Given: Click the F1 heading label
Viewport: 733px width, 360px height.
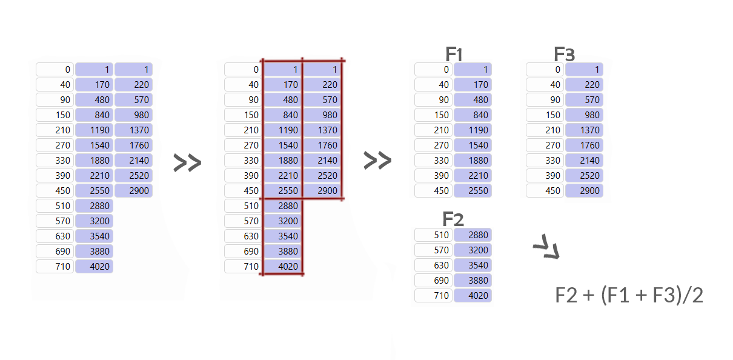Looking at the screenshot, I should pyautogui.click(x=454, y=54).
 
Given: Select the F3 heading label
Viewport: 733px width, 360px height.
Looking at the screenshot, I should pyautogui.click(x=564, y=54).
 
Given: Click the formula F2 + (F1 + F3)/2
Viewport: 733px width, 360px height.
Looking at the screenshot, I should pyautogui.click(x=629, y=295).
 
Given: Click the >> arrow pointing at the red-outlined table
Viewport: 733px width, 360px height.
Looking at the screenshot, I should pyautogui.click(x=187, y=162).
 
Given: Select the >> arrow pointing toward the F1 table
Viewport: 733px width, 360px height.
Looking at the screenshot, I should pyautogui.click(x=377, y=161).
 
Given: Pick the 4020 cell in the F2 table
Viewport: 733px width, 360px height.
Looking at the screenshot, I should pyautogui.click(x=473, y=296).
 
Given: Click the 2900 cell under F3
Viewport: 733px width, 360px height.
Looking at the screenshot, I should pyautogui.click(x=584, y=191).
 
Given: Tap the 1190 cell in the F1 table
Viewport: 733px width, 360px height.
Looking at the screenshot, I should pyautogui.click(x=473, y=130).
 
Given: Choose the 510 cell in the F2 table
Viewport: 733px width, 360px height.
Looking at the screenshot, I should pyautogui.click(x=434, y=235).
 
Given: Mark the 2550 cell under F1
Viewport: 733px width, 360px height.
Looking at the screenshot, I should pyautogui.click(x=473, y=191).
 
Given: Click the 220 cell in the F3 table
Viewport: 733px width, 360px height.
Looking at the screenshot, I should pyautogui.click(x=584, y=85).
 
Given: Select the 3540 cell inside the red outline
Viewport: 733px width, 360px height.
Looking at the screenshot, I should pyautogui.click(x=282, y=236).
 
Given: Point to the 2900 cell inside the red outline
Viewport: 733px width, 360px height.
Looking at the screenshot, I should pyautogui.click(x=322, y=191).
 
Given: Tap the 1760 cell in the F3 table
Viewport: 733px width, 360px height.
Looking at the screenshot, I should pyautogui.click(x=584, y=145).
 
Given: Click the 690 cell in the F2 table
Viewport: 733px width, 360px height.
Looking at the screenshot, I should pyautogui.click(x=434, y=281).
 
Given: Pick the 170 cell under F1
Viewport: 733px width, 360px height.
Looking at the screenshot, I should pyautogui.click(x=473, y=85).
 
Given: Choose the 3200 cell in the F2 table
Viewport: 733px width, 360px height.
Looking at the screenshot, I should pyautogui.click(x=473, y=250).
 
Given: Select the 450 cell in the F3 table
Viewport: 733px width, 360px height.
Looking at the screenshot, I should pyautogui.click(x=545, y=191).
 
